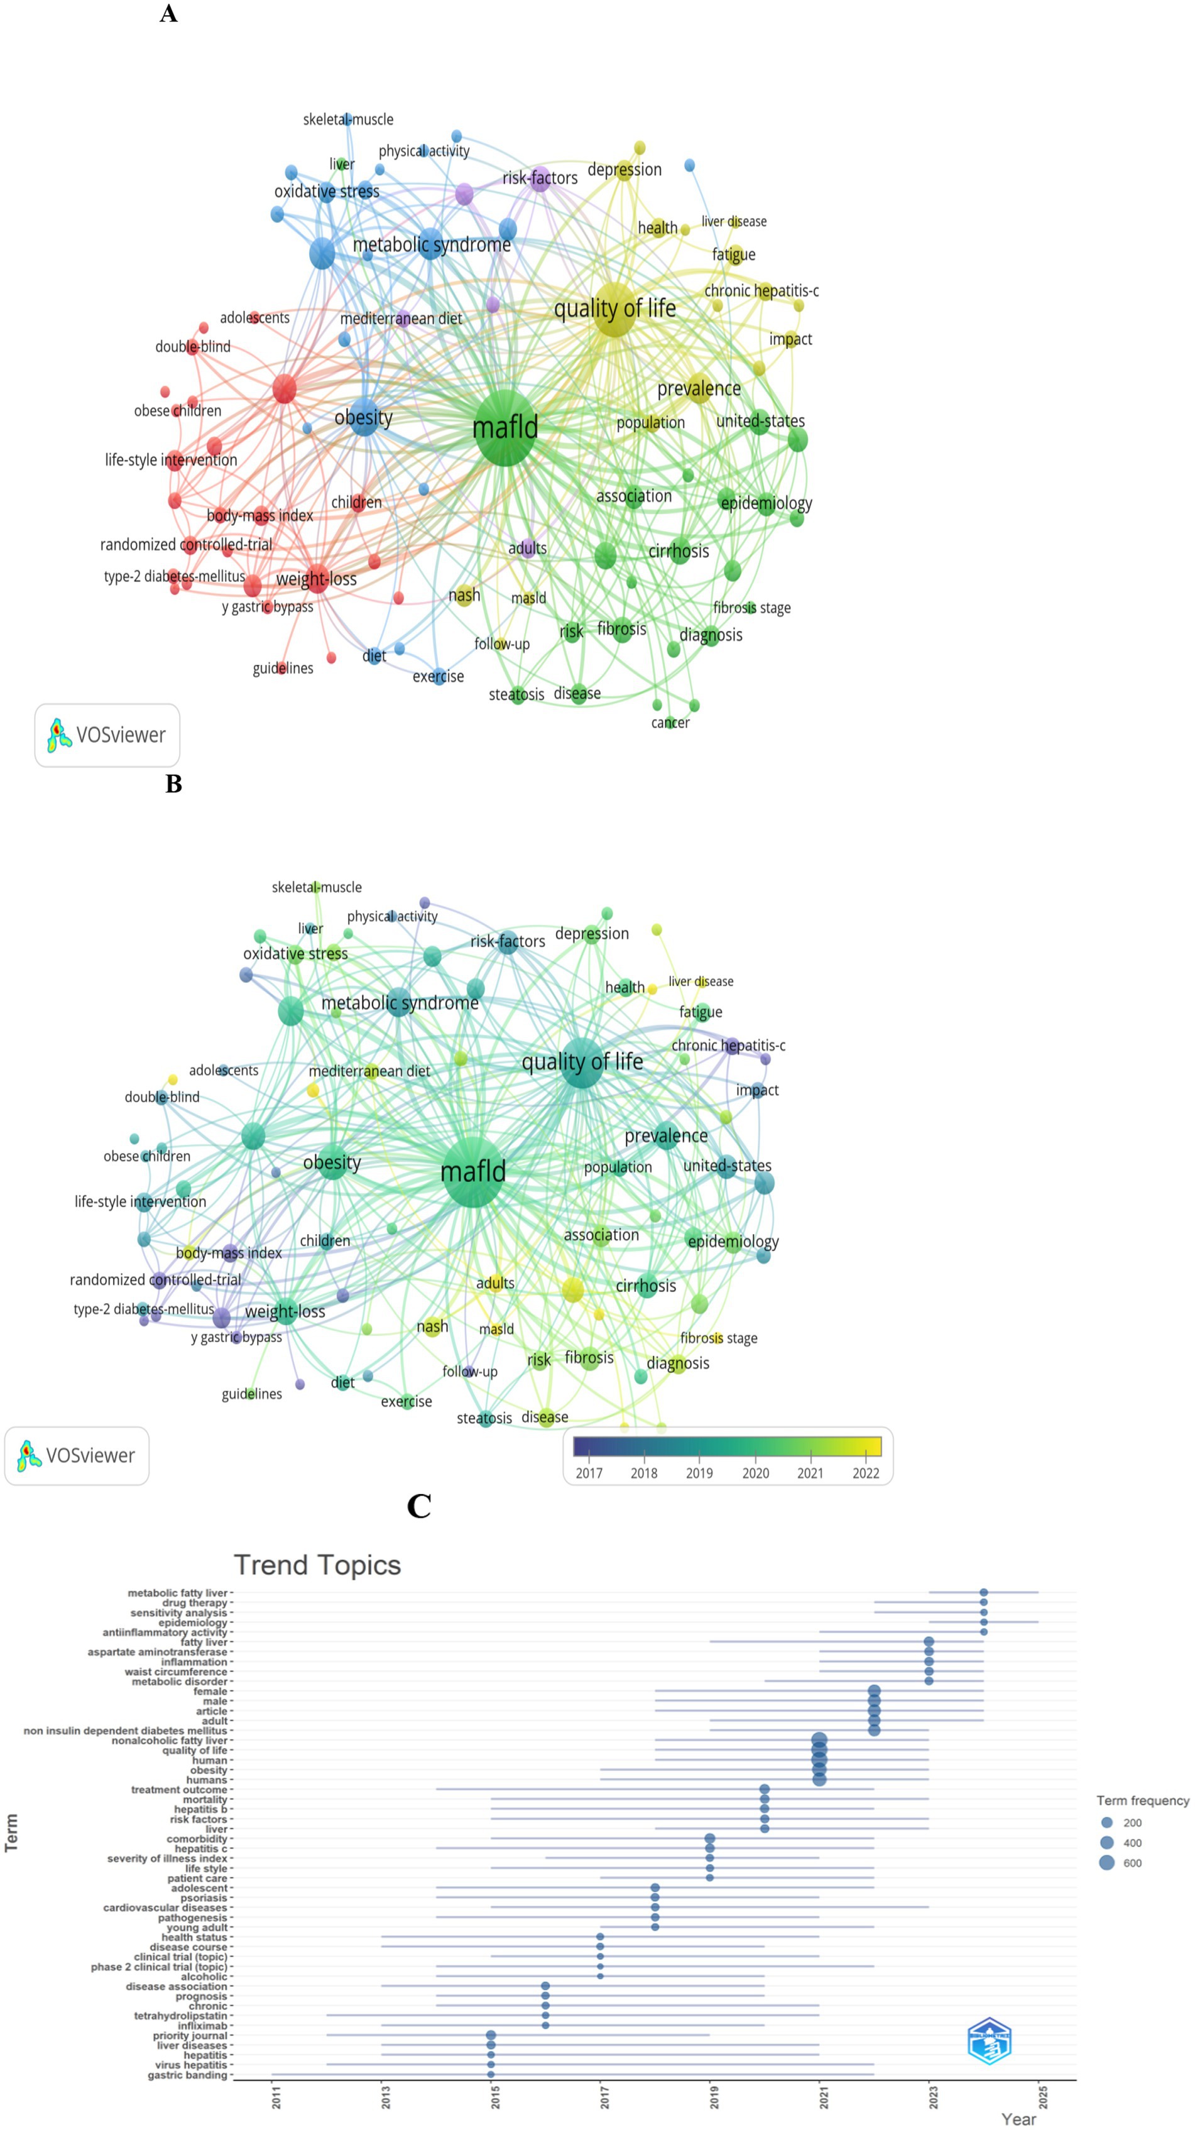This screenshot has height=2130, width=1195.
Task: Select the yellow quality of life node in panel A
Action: click(614, 309)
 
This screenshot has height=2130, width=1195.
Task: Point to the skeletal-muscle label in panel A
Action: click(348, 120)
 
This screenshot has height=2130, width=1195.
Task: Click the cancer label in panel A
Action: click(670, 723)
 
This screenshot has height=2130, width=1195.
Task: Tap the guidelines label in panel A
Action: click(283, 668)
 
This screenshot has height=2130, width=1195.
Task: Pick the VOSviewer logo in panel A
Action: click(107, 735)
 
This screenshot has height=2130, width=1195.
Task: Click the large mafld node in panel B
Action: click(473, 1172)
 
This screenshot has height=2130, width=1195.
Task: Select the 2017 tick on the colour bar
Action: click(589, 1473)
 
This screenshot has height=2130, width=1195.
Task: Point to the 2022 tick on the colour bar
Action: click(866, 1473)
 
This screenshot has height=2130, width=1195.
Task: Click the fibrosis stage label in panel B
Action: click(718, 1338)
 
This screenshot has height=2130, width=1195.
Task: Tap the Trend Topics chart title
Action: click(317, 1565)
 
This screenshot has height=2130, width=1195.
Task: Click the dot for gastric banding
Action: click(491, 2075)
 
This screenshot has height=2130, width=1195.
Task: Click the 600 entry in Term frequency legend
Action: click(1107, 1863)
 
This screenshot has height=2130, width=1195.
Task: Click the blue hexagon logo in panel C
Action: click(989, 2041)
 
